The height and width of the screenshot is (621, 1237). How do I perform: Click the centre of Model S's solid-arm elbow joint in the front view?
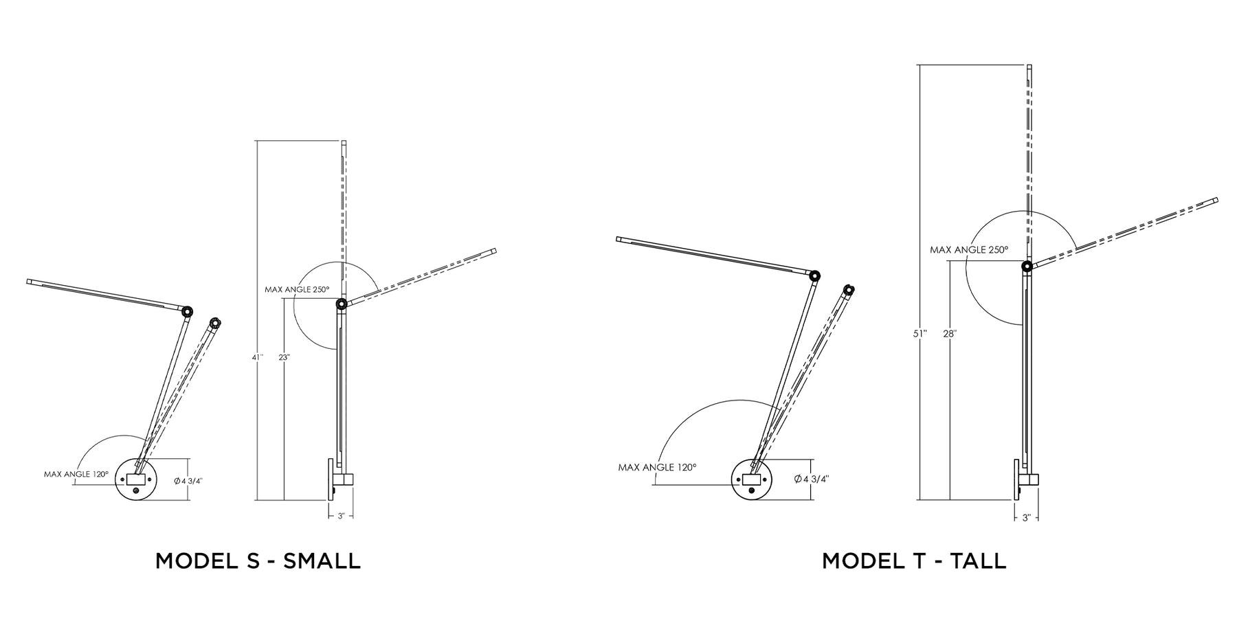click(187, 311)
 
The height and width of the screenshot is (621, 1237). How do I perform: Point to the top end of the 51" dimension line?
click(920, 65)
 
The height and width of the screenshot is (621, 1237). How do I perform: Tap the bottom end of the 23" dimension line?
click(284, 499)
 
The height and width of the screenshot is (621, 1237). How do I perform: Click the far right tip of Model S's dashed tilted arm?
click(495, 251)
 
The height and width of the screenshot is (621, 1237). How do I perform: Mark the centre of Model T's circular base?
click(753, 479)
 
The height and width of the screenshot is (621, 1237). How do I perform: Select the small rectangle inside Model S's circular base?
click(135, 477)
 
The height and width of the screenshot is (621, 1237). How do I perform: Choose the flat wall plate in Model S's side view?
click(330, 479)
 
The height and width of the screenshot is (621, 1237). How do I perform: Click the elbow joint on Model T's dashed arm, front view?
click(849, 291)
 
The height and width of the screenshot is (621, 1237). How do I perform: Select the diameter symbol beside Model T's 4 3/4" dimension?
click(798, 479)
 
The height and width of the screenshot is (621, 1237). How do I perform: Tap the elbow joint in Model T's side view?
click(1026, 266)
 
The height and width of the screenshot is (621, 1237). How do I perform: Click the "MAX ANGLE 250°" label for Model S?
click(297, 289)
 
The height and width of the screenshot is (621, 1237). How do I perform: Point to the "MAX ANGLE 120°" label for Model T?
click(657, 467)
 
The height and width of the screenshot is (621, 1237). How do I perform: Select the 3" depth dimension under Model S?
click(341, 515)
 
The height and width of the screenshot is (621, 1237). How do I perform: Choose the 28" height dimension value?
click(950, 334)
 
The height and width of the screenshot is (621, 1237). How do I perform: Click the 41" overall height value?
click(257, 357)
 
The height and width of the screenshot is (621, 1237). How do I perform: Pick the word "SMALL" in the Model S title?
click(322, 561)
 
